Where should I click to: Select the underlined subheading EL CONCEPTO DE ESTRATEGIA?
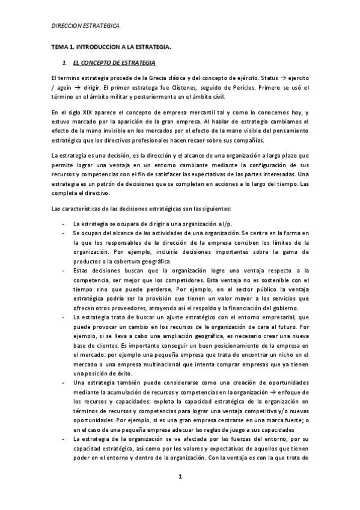coord(114,63)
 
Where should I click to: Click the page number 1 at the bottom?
coord(180,477)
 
